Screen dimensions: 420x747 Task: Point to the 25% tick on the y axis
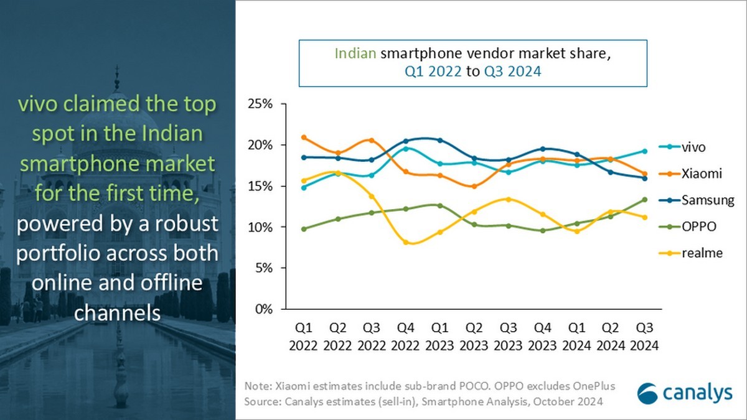261,105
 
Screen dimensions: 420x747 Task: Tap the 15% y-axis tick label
261,186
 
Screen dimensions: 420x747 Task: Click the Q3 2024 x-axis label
644,337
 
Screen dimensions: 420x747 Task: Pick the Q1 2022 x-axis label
303,337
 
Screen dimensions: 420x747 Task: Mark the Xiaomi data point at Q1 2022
303,138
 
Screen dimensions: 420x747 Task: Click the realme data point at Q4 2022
406,242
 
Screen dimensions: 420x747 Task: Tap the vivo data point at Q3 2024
644,151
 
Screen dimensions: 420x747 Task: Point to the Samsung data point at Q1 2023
440,141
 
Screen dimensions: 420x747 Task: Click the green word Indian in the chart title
355,54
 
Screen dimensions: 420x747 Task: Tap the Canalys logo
682,393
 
